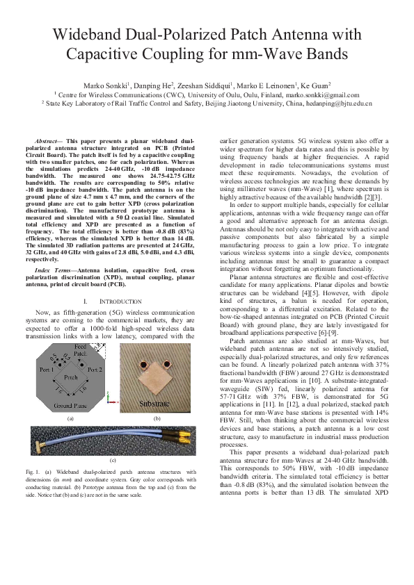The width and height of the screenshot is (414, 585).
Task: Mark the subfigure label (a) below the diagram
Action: pos(70,419)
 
